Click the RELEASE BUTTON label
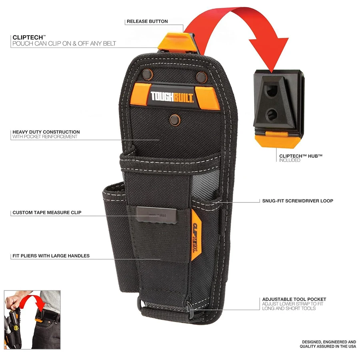[x=147, y=21]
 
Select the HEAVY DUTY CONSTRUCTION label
[x=46, y=132]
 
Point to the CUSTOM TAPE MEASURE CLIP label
[x=47, y=212]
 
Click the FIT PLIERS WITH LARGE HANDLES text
[x=51, y=256]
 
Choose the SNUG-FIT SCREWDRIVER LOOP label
[x=298, y=201]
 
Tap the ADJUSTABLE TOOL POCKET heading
[x=294, y=299]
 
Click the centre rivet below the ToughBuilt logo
[x=174, y=119]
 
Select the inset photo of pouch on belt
[x=32, y=320]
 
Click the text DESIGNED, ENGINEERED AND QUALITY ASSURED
[x=328, y=344]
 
